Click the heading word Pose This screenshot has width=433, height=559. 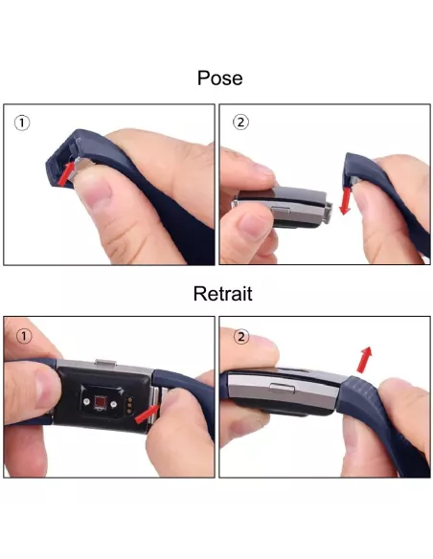219,78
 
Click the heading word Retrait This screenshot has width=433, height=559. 222,294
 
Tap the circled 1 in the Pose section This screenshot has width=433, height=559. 22,123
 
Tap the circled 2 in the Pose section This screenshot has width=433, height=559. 240,123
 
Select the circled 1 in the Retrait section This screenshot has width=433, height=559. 24,336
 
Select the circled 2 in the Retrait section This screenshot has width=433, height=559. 241,337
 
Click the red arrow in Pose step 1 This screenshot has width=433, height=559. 66,173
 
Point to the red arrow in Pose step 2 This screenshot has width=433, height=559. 346,201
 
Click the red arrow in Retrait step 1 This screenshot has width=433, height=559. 148,414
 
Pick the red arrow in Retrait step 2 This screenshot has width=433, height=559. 365,360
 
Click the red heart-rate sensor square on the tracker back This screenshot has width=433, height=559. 100,402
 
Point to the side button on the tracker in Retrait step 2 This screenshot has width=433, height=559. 283,389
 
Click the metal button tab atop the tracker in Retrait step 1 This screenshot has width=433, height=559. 105,363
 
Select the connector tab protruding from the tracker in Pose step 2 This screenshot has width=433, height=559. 329,212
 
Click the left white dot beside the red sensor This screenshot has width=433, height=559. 86,402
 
